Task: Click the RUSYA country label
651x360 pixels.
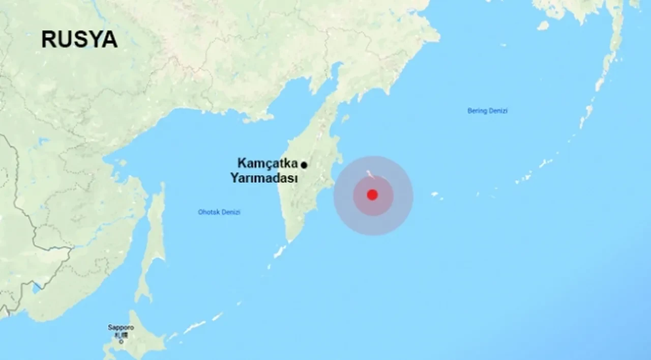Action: pos(79,40)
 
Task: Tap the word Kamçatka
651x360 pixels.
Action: pos(267,163)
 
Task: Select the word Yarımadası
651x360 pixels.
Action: pos(263,178)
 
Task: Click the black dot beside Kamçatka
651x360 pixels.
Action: pos(304,165)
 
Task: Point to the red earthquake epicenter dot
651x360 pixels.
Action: pos(372,195)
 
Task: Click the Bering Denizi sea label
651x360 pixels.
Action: pos(487,110)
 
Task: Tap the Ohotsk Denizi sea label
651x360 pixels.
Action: pos(219,212)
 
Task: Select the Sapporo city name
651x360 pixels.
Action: pos(121,327)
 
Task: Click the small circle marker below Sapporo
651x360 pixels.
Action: pos(121,342)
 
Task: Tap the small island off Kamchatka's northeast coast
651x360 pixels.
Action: pos(345,119)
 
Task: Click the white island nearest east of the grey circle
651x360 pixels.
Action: pos(435,194)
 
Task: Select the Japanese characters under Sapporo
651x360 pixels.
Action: pos(121,335)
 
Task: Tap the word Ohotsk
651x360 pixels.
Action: pos(209,212)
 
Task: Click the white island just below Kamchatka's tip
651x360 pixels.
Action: pos(280,251)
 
